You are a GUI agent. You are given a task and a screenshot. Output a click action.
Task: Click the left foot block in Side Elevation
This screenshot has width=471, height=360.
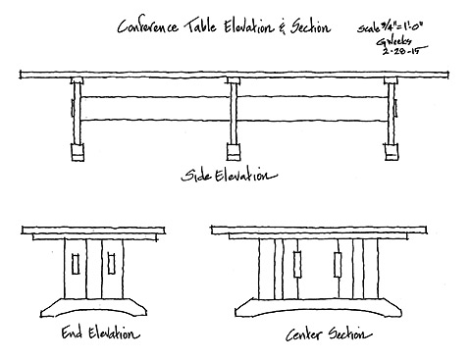coord(76,154)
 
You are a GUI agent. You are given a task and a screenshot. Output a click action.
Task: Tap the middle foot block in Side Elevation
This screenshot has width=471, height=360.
coord(234,153)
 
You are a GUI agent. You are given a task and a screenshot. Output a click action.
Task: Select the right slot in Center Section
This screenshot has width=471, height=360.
coord(338,266)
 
